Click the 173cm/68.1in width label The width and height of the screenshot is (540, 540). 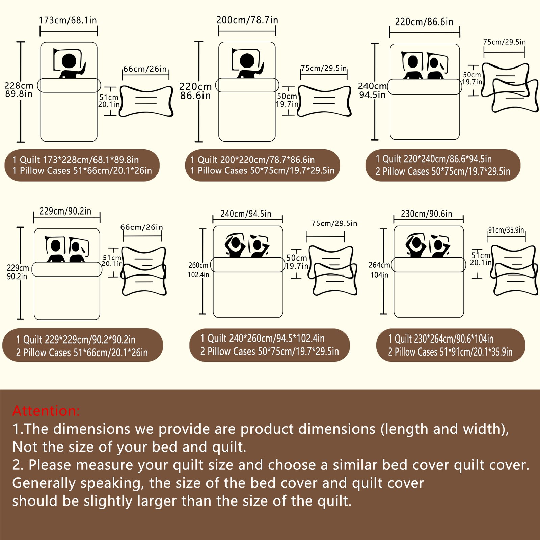tap(68, 20)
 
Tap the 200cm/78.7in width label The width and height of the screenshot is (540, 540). tap(247, 20)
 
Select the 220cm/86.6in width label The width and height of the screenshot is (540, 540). tap(424, 22)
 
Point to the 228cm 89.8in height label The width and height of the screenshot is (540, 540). tap(19, 90)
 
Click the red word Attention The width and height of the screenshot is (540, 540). tap(46, 411)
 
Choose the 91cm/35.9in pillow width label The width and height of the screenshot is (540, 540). tap(506, 230)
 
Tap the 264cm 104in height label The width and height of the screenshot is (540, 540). tap(379, 270)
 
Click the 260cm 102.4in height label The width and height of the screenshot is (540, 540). tap(198, 270)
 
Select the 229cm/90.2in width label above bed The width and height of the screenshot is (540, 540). tap(65, 211)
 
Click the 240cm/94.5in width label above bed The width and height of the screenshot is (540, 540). tap(246, 214)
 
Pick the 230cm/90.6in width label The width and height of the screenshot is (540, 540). tap(427, 214)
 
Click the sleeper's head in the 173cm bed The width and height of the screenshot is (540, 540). tap(69, 61)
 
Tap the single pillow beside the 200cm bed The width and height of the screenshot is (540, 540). tap(324, 101)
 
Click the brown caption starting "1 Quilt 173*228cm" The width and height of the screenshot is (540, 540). tap(82, 165)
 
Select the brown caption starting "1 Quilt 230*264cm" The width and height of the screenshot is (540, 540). tap(451, 345)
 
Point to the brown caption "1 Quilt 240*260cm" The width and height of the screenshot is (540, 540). tap(269, 345)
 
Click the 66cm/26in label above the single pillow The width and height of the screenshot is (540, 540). tap(145, 69)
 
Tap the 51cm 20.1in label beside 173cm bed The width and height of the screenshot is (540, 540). tap(109, 101)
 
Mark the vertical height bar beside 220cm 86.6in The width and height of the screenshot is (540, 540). tap(199, 92)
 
